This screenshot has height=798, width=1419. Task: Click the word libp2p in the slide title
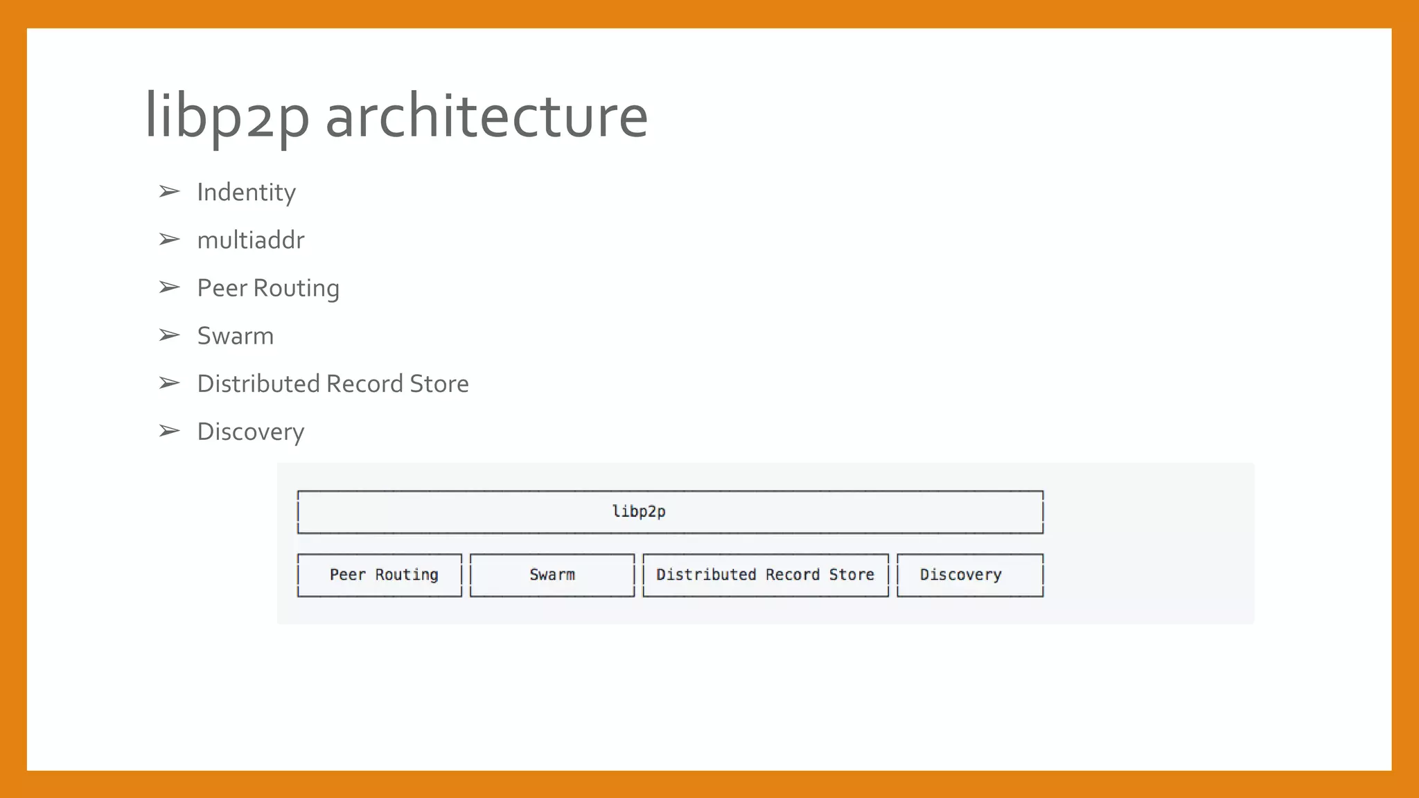coord(227,116)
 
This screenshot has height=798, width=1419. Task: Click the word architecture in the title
coord(486,116)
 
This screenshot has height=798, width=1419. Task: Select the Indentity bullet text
coord(246,193)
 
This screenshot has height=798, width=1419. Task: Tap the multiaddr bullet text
coord(250,240)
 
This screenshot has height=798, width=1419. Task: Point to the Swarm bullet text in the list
coord(235,336)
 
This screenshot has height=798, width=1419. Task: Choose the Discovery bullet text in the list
coord(250,432)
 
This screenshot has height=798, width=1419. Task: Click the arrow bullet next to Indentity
coord(169,191)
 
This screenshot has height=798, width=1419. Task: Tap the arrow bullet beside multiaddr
coord(169,240)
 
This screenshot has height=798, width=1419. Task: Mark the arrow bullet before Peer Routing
coord(169,287)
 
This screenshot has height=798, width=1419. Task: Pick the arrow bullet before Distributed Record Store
coord(169,383)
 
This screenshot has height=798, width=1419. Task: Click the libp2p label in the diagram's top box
coord(639,512)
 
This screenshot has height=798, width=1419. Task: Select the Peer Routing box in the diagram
coord(380,575)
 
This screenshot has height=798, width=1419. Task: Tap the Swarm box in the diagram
coord(552,575)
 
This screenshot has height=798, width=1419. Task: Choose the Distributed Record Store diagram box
coord(766,575)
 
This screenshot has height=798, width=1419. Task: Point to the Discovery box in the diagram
coord(970,575)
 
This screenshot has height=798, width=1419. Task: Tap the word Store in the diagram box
coord(852,575)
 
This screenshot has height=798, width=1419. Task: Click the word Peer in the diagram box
coord(347,575)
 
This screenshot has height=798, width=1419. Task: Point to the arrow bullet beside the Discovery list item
coord(169,431)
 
